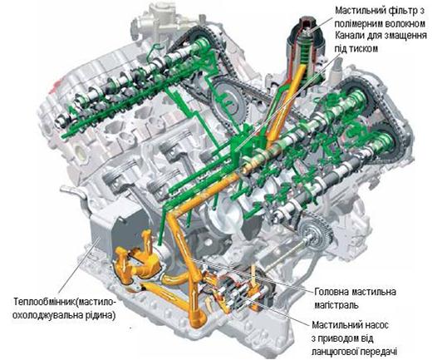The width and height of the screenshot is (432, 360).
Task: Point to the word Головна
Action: (x=331, y=292)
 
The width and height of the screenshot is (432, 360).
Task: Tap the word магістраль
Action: (x=336, y=305)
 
